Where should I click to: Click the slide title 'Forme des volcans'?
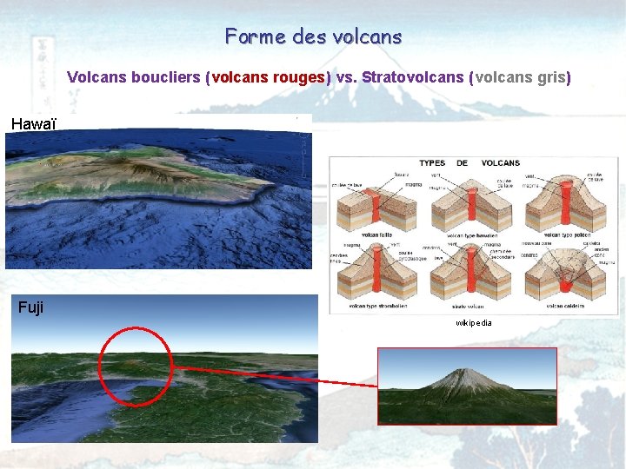pos(313,36)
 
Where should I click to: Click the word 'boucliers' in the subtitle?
pos(165,77)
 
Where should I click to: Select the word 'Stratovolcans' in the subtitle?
pos(412,77)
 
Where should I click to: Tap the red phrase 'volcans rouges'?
pos(268,77)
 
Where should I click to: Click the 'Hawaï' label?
pos(33,124)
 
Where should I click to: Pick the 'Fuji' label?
pos(30,307)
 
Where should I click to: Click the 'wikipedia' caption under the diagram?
pos(474,323)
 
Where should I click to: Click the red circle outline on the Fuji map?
pos(100,365)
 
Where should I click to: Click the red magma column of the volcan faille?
pos(375,204)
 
